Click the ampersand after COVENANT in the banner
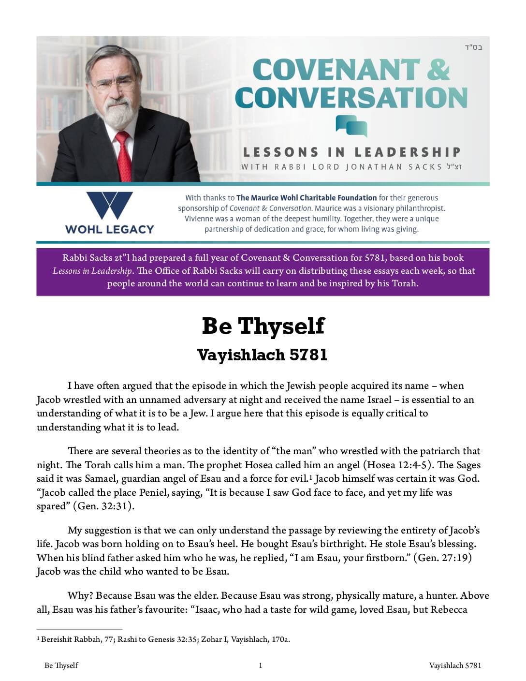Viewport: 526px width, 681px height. pos(438,69)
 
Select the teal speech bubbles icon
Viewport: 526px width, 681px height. pos(351,126)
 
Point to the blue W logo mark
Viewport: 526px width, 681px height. pos(109,206)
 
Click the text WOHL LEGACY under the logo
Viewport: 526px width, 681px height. pos(109,229)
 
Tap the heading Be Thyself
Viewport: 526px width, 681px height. pos(263,326)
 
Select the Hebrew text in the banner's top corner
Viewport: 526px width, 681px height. pos(473,47)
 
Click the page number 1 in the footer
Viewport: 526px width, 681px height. pos(261,666)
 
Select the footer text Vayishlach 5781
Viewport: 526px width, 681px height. pos(455,666)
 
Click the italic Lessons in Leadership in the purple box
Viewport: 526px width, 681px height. pos(92,271)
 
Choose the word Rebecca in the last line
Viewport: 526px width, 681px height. pos(449,609)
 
